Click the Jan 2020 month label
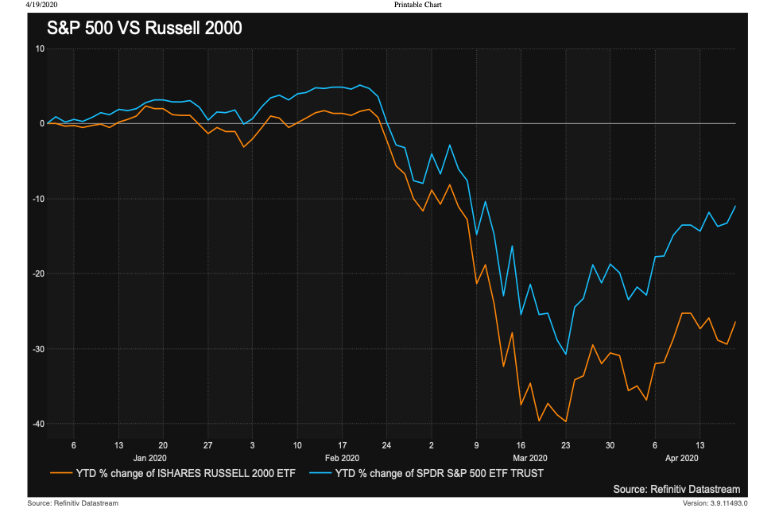(x=151, y=458)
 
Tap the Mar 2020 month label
(x=529, y=458)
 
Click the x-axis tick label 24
(x=386, y=445)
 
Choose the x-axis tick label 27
(x=207, y=445)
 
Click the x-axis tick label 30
(x=610, y=445)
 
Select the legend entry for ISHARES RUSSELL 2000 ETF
(x=173, y=474)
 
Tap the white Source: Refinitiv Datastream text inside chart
(x=676, y=488)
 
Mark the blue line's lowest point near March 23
(x=566, y=355)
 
